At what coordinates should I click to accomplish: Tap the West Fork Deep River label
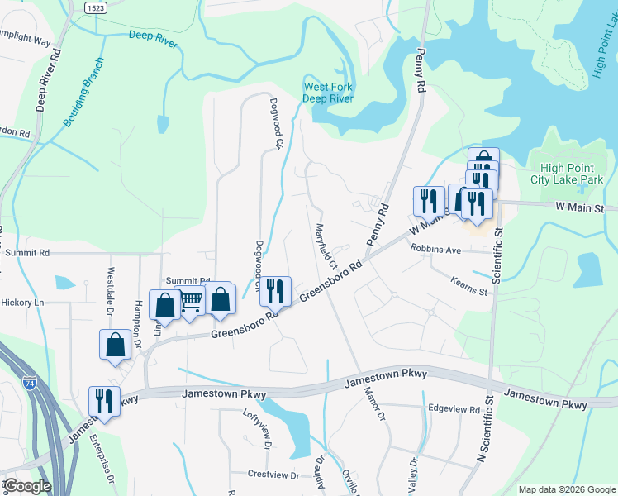[x=328, y=93]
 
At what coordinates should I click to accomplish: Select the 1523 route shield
[x=95, y=7]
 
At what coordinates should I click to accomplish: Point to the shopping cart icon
[x=191, y=303]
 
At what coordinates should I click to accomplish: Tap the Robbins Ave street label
[x=435, y=248]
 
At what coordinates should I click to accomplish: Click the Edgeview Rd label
[x=454, y=409]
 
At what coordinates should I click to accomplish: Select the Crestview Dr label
[x=273, y=475]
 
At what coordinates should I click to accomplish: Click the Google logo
[x=27, y=485]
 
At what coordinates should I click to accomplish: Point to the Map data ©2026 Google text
[x=566, y=489]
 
